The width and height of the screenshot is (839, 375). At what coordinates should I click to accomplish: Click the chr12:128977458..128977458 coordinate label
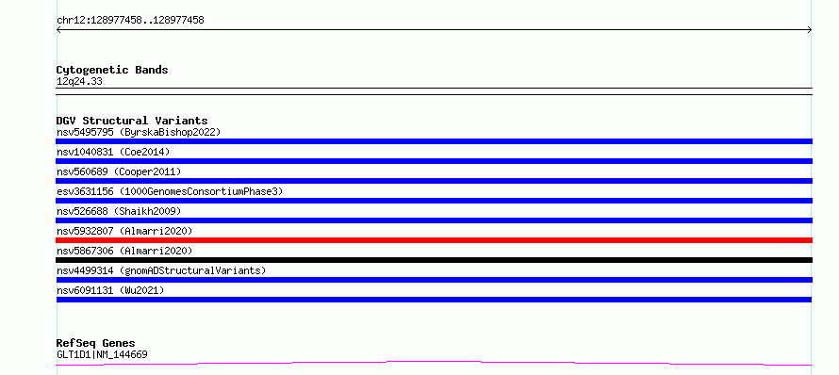click(130, 21)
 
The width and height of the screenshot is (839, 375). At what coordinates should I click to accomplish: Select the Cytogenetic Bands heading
click(112, 70)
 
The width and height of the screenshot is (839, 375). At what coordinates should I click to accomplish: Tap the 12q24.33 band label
click(79, 82)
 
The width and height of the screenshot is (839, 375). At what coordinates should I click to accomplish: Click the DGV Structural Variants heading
click(132, 121)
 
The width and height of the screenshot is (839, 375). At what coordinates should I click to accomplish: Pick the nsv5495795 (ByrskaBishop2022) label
click(139, 132)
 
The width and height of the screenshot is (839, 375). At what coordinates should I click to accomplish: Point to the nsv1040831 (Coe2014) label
click(113, 152)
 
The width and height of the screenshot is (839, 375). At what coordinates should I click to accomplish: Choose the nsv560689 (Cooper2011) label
click(119, 171)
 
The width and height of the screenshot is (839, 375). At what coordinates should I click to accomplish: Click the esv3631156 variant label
click(170, 191)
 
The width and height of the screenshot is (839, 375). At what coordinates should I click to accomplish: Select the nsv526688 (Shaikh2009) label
click(119, 211)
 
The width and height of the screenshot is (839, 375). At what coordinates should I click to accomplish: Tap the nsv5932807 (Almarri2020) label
click(124, 231)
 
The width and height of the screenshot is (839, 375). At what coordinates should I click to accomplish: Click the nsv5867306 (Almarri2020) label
click(124, 251)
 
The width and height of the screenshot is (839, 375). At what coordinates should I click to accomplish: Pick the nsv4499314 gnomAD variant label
click(161, 270)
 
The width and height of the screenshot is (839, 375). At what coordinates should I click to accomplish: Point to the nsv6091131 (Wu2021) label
click(110, 290)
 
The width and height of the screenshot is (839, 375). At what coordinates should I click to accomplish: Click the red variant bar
click(434, 240)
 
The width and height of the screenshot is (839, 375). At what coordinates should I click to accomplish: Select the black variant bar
click(434, 260)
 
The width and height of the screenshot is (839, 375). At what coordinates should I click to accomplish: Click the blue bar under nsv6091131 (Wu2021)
click(434, 300)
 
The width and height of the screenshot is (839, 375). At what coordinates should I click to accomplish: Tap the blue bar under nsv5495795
click(434, 141)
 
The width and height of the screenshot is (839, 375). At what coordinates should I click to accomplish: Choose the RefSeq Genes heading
click(96, 343)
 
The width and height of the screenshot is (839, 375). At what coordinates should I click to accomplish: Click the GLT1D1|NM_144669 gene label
click(102, 354)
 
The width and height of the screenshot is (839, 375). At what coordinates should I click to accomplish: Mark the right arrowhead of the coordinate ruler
click(810, 30)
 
